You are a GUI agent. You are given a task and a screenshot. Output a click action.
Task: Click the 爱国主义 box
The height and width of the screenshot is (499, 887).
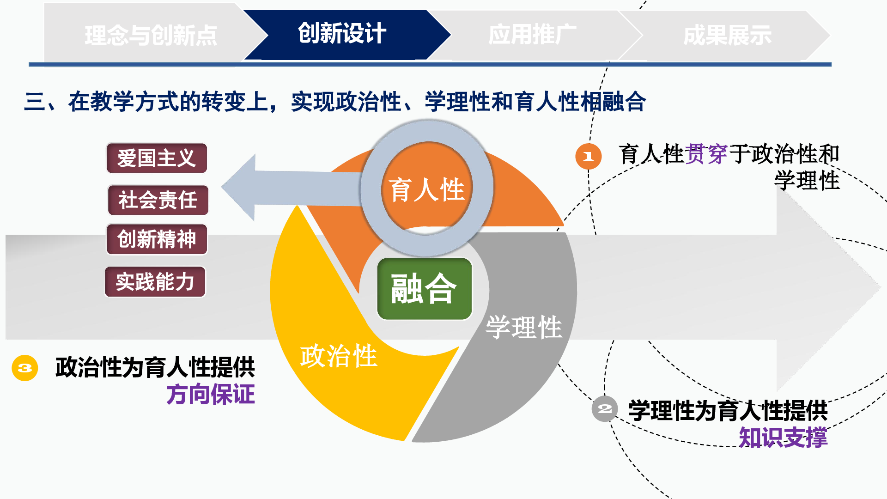tap(157, 158)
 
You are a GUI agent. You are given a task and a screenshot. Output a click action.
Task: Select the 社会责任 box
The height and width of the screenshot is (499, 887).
tap(158, 200)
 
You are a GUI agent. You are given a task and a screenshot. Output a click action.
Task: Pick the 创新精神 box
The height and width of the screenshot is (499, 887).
tap(157, 239)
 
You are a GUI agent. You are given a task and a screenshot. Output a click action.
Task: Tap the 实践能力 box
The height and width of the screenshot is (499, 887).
tap(155, 282)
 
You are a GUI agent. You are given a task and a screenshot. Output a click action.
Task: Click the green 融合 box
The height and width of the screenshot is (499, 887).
tap(425, 289)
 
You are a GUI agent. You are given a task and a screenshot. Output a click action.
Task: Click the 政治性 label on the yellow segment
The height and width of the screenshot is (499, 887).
tap(339, 356)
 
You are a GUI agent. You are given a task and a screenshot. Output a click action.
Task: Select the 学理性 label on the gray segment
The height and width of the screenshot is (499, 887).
tap(524, 327)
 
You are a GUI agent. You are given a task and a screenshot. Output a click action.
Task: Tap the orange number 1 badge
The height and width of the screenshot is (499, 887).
tap(588, 156)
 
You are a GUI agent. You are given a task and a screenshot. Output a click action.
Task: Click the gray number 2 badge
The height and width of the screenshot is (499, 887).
tap(605, 409)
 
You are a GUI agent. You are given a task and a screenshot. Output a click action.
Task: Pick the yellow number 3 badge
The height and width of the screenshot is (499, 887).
tap(25, 368)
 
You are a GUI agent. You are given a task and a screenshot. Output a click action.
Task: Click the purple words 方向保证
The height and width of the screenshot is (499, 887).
tap(211, 395)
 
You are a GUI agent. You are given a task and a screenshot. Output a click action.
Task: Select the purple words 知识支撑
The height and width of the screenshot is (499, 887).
tap(783, 437)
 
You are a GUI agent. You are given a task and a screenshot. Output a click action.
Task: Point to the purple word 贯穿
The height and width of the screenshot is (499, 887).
tap(706, 154)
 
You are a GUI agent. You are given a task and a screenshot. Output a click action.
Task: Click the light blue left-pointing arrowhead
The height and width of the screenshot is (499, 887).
tap(238, 188)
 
